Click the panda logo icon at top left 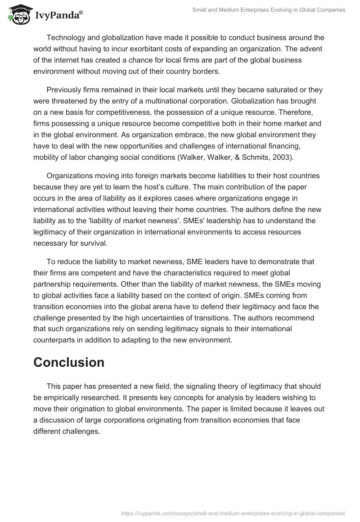click(x=17, y=14)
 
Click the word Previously click(x=66, y=90)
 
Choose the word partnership click(x=55, y=284)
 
